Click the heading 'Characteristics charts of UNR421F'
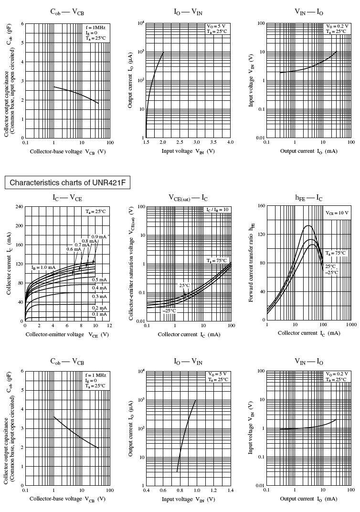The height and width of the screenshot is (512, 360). pyautogui.click(x=67, y=182)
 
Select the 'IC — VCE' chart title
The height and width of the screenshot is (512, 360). pyautogui.click(x=67, y=197)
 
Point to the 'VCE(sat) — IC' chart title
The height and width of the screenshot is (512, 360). pyautogui.click(x=188, y=197)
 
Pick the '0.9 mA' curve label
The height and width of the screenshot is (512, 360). pyautogui.click(x=99, y=237)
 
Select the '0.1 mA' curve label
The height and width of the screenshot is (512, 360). pyautogui.click(x=99, y=314)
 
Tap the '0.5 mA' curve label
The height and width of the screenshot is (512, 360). pyautogui.click(x=99, y=280)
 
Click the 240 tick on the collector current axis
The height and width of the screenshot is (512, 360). pyautogui.click(x=19, y=206)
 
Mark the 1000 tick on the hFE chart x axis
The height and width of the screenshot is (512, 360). pyautogui.click(x=351, y=325)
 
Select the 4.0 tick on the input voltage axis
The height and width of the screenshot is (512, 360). pyautogui.click(x=230, y=143)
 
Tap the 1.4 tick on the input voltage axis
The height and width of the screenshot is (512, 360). pyautogui.click(x=230, y=491)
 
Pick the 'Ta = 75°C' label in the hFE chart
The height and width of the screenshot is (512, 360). pyautogui.click(x=336, y=254)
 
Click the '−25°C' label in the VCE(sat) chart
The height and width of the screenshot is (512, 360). pyautogui.click(x=169, y=311)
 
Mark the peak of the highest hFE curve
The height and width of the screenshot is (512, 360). pyautogui.click(x=308, y=225)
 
